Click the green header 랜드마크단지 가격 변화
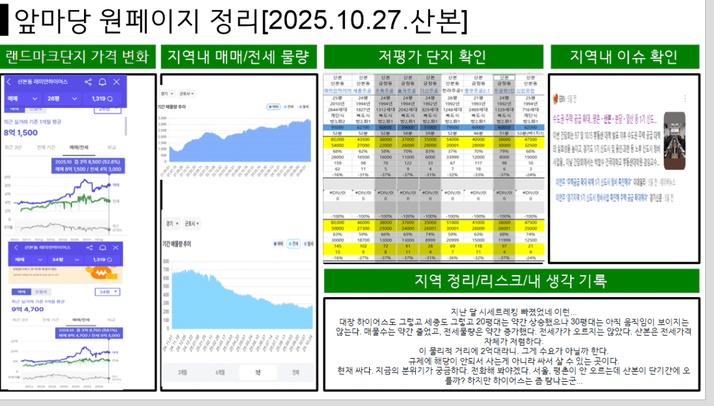coord(78,57)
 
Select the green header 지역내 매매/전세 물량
coord(239,57)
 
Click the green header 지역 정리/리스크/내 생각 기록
coord(510,281)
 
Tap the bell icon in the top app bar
coord(102,82)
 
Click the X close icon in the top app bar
coord(116,82)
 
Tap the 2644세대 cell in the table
coord(338,110)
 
